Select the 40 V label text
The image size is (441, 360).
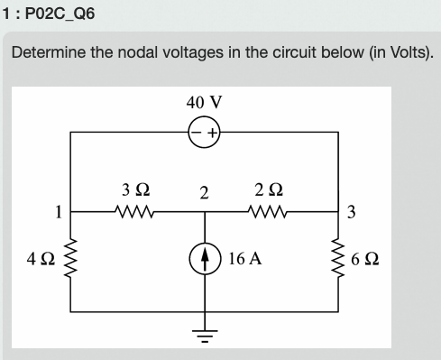pos(202,101)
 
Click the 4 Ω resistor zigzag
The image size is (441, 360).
pos(71,258)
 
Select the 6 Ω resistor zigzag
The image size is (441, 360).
pos(338,258)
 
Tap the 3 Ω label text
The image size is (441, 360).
pos(134,189)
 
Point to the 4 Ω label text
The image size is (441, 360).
pos(40,258)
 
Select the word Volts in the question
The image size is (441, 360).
pos(405,52)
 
